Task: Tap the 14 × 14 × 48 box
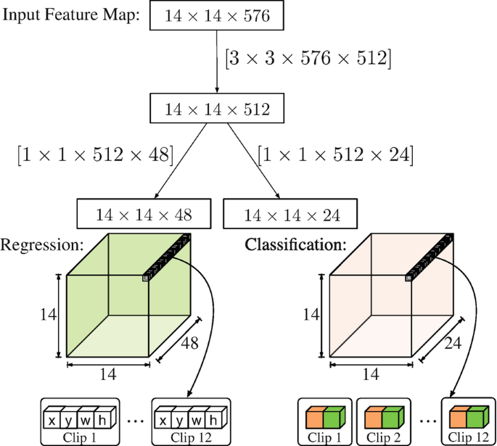pos(144,214)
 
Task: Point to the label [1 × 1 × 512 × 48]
pos(94,154)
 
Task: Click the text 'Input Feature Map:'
pos(72,15)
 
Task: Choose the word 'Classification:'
pos(295,245)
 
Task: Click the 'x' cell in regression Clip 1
pos(52,419)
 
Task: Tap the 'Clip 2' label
pos(383,438)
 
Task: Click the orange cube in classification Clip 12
pos(459,419)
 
